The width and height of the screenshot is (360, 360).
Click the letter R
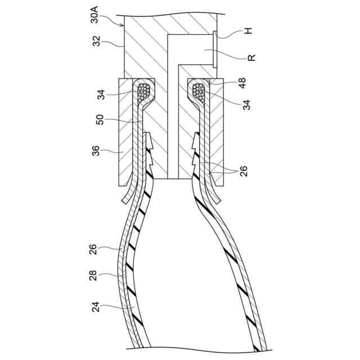pos(251,57)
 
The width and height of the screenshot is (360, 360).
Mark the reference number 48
pos(246,81)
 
